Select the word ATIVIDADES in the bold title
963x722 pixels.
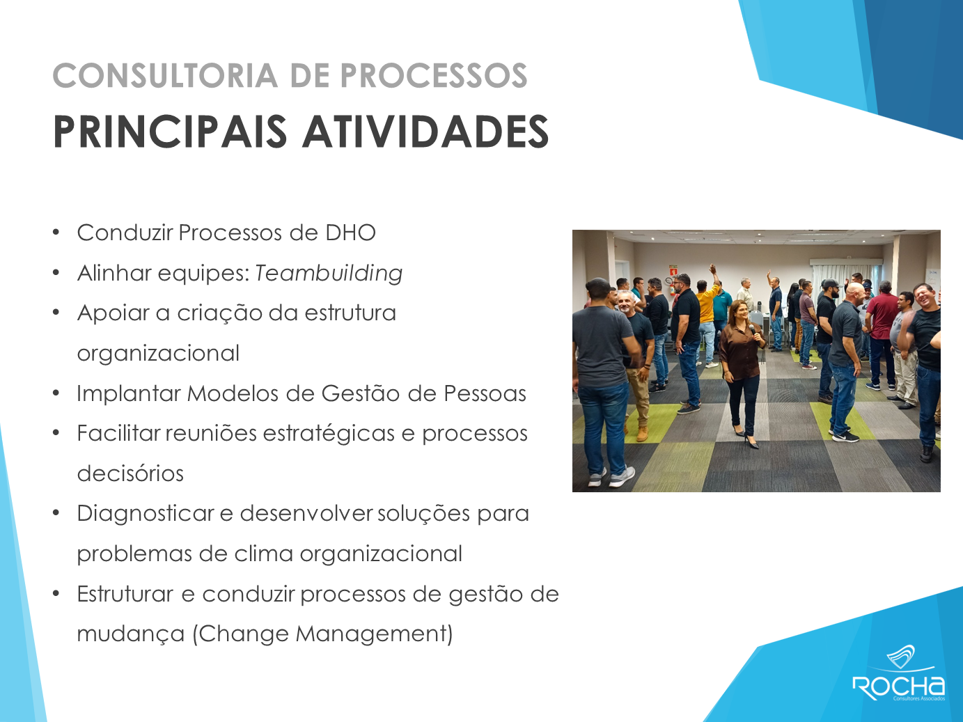[x=425, y=132]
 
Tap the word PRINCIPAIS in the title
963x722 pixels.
[x=170, y=132]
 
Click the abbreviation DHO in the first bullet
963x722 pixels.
[x=350, y=233]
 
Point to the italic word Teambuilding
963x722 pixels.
[x=329, y=273]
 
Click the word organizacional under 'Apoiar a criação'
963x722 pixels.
[x=158, y=354]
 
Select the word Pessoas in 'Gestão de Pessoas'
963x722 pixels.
[x=485, y=393]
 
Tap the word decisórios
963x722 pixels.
[x=130, y=473]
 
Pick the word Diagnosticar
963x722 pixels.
[x=146, y=514]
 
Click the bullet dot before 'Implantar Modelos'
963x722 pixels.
[x=56, y=393]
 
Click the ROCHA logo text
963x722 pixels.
[x=898, y=688]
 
